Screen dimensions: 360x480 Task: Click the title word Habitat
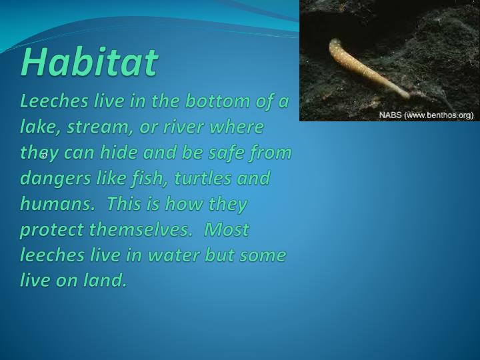pyautogui.click(x=89, y=62)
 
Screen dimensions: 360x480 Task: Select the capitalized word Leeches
pyautogui.click(x=52, y=101)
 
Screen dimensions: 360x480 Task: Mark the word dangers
pyautogui.click(x=52, y=179)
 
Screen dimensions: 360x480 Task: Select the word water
pyautogui.click(x=180, y=255)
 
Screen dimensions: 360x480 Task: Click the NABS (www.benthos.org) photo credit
pyautogui.click(x=426, y=115)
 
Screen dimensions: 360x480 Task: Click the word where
pyautogui.click(x=239, y=127)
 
